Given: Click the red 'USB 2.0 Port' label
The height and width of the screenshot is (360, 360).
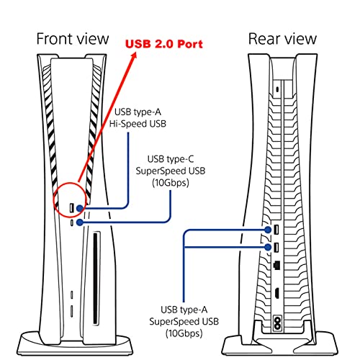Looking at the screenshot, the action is click(x=164, y=44).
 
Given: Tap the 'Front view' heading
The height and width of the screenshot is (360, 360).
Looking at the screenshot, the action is click(x=73, y=39).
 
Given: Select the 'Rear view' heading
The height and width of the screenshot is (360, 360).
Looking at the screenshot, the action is click(x=282, y=39).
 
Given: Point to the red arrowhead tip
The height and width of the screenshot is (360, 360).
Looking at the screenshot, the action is click(x=136, y=52).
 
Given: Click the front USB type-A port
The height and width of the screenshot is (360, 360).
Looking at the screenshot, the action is click(x=71, y=208).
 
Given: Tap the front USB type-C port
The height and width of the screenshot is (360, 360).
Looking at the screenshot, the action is click(x=72, y=222).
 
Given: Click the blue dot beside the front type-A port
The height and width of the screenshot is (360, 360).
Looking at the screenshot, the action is click(x=80, y=208).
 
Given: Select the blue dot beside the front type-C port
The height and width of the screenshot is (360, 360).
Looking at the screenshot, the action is click(x=80, y=222).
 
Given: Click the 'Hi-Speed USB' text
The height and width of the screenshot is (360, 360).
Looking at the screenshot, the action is click(x=138, y=124).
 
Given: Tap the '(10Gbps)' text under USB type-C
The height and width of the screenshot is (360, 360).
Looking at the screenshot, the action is click(x=171, y=183).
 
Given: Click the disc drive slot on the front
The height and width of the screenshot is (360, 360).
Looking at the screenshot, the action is click(x=96, y=279).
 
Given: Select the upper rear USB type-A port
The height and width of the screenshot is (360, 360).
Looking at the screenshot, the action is click(x=276, y=230).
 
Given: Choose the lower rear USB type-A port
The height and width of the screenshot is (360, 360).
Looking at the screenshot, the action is click(x=276, y=247).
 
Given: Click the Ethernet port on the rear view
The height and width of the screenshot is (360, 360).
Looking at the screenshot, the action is click(x=276, y=264).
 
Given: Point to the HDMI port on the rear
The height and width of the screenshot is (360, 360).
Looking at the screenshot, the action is click(x=276, y=293).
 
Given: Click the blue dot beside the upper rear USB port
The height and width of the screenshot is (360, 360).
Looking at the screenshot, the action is click(x=268, y=230).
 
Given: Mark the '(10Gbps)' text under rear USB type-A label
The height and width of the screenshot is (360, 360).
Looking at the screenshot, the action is click(x=184, y=333).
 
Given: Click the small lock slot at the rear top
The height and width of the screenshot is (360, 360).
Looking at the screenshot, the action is click(x=278, y=90).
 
